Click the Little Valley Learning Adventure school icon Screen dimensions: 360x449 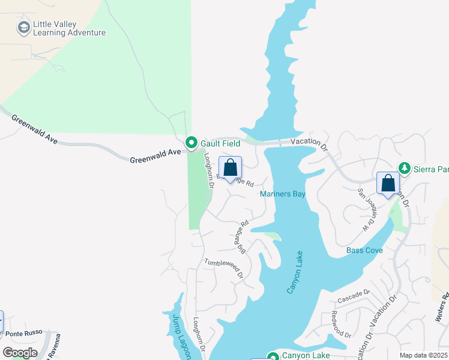(23, 27)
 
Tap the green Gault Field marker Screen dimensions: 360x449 (191, 143)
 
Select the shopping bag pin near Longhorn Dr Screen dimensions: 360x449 (230, 169)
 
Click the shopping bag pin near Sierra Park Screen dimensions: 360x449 (388, 184)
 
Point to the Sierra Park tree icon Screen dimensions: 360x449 (405, 168)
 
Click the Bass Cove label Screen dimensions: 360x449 (364, 250)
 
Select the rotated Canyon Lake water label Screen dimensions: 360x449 (298, 273)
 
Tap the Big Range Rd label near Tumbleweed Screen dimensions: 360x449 (241, 237)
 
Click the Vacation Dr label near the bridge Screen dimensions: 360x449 (310, 142)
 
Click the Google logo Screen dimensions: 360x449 (19, 353)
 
